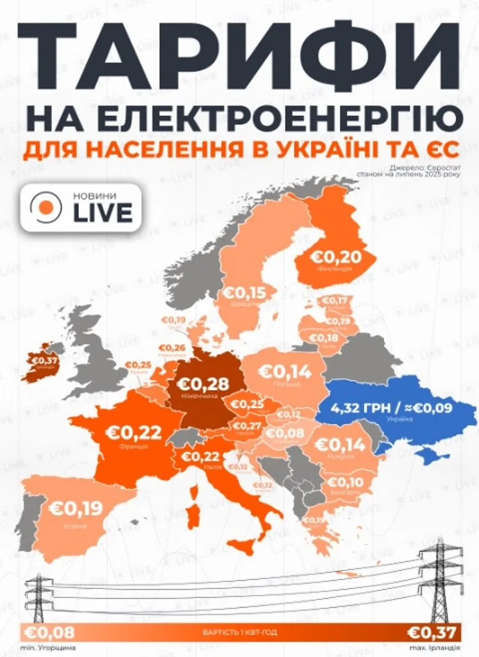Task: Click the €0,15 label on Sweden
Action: click(x=245, y=293)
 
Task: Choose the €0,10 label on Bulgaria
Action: click(x=346, y=482)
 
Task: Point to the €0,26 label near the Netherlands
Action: click(x=172, y=348)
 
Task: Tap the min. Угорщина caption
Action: click(x=40, y=647)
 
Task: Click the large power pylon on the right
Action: click(x=440, y=581)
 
